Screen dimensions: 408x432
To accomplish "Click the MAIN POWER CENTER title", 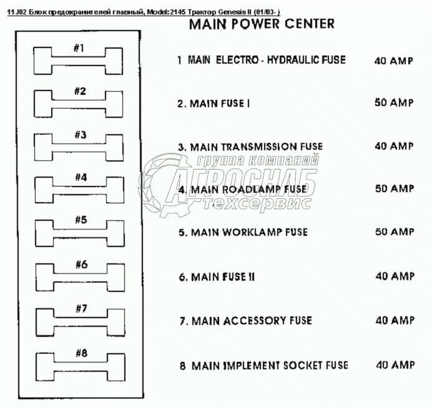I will point(261,24).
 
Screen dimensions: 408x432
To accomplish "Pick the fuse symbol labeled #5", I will point(79,233).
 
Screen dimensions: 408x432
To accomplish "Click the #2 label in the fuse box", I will point(80,91).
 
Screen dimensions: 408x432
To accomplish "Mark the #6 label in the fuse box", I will point(81,264).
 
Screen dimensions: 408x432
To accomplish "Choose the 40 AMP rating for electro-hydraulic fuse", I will point(393,61).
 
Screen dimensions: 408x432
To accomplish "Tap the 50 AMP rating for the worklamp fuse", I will point(394,232).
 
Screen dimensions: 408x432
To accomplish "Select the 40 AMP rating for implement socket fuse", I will point(395,365).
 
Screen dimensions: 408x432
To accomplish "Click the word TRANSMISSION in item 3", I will point(254,147).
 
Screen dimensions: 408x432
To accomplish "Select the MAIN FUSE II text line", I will point(216,276).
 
